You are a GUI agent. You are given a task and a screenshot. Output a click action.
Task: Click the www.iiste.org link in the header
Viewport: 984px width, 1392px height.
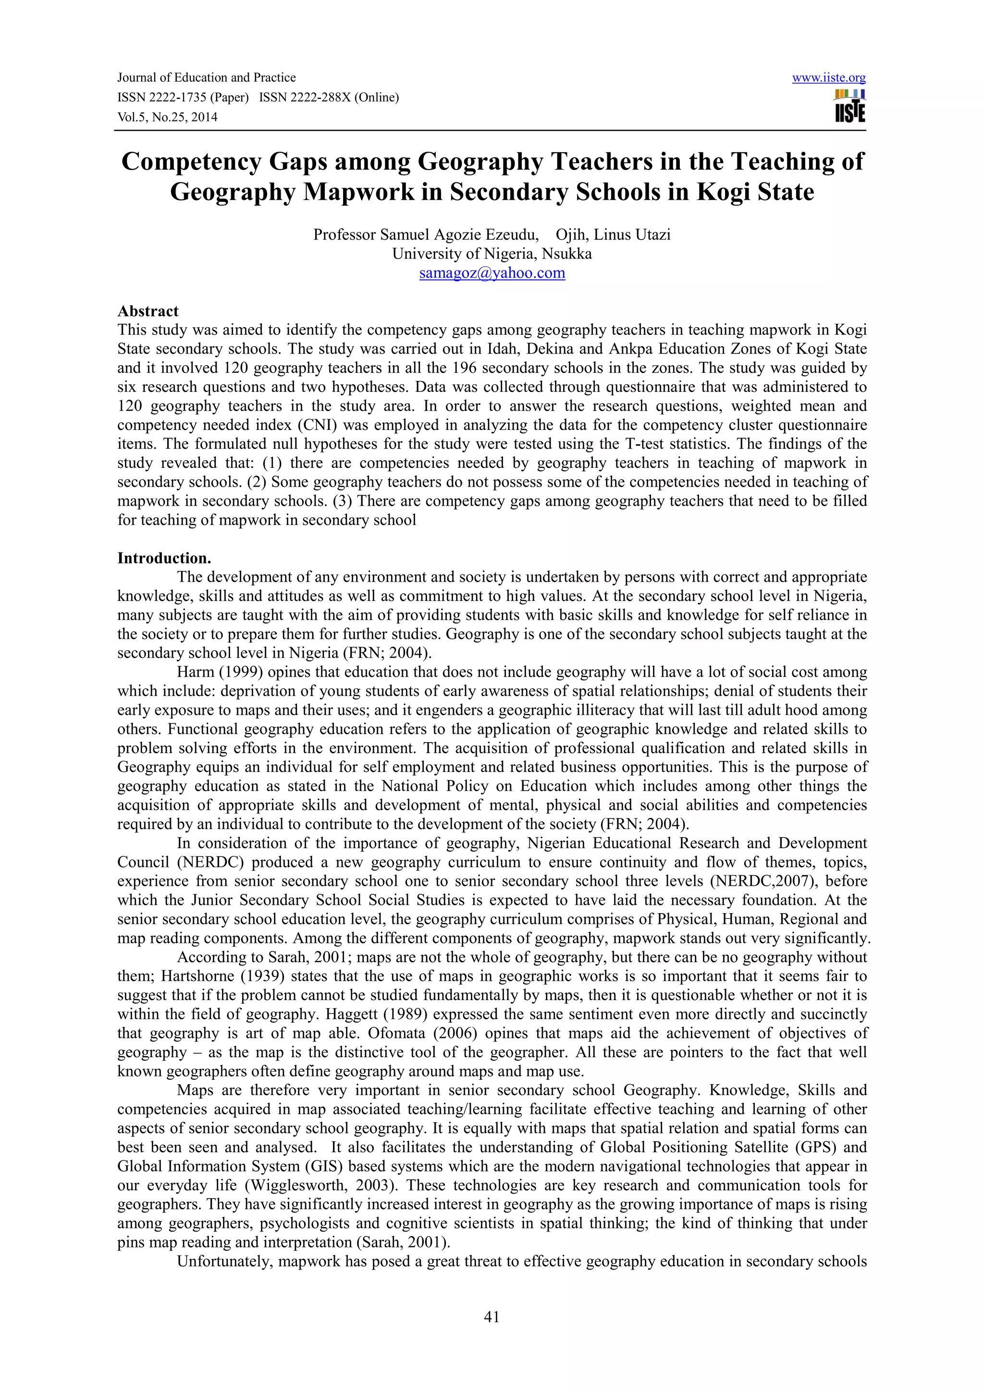click(x=828, y=78)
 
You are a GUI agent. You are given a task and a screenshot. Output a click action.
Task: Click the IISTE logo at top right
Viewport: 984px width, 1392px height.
click(x=849, y=107)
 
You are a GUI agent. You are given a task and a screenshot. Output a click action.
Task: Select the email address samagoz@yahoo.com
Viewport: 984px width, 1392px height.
click(x=492, y=273)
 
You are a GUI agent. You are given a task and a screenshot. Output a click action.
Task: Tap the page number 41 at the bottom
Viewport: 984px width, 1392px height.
click(x=492, y=1316)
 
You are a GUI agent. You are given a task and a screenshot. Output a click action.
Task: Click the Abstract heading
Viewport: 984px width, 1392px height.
click(x=148, y=311)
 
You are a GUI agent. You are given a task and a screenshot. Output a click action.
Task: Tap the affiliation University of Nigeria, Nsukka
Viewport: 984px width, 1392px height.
click(x=492, y=254)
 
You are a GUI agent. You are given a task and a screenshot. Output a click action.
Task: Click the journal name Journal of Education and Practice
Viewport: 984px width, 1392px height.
click(x=206, y=78)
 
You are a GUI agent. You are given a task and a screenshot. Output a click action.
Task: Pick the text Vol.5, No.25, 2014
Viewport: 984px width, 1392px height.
click(x=167, y=117)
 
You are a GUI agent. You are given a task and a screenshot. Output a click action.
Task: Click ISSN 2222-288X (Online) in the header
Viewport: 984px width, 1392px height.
click(x=329, y=98)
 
